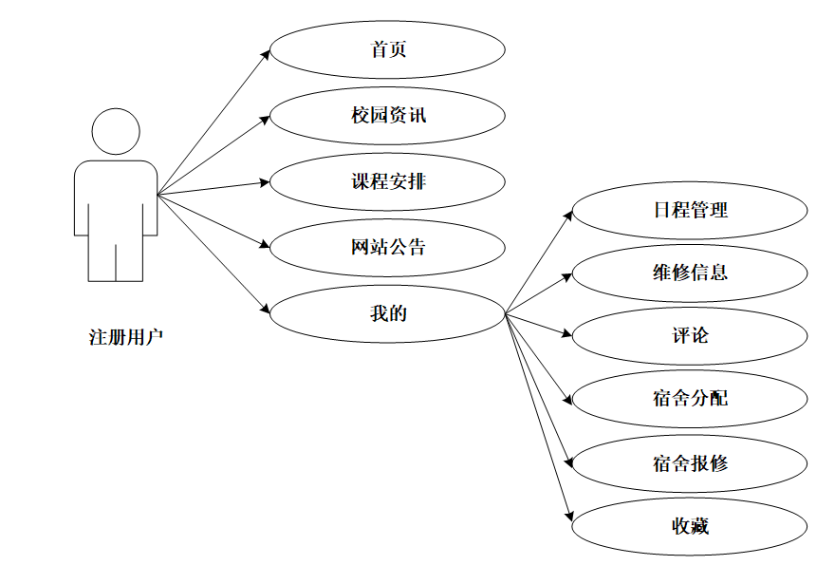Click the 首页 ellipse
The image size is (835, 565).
[387, 50]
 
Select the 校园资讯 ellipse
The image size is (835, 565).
[387, 116]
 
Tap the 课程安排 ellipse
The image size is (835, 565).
[387, 181]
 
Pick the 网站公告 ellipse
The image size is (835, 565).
[387, 248]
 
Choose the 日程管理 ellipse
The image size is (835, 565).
[690, 210]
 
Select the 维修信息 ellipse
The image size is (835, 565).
[690, 273]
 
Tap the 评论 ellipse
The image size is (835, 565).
[690, 336]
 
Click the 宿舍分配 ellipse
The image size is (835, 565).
[690, 399]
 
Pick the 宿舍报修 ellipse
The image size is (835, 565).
[690, 463]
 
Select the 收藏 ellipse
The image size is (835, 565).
[690, 525]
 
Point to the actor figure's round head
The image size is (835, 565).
[116, 132]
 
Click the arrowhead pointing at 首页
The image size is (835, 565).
[267, 55]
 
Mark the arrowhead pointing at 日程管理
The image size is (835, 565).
[568, 214]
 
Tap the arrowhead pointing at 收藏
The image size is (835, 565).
[569, 516]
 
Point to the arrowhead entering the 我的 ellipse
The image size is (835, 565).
[266, 309]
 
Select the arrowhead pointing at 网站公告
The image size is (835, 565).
[266, 245]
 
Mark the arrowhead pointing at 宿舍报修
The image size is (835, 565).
[568, 460]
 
